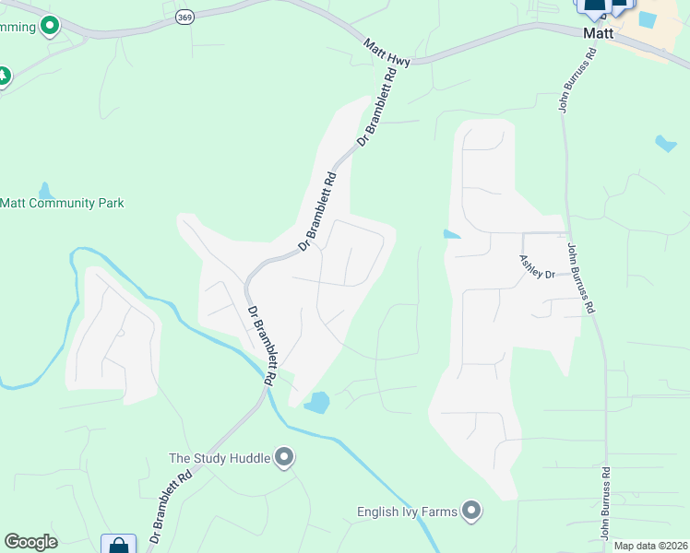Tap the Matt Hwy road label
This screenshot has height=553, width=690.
click(x=387, y=52)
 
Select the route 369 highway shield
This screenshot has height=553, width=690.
click(x=185, y=18)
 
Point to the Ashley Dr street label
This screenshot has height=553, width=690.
click(x=537, y=268)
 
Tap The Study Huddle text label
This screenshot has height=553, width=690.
click(x=220, y=457)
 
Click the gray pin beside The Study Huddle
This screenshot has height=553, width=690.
click(x=284, y=457)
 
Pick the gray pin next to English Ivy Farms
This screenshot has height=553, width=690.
click(x=472, y=511)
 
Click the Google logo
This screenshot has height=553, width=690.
click(x=30, y=542)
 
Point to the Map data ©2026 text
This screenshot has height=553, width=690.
click(x=651, y=546)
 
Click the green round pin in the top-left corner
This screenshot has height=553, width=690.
click(x=50, y=26)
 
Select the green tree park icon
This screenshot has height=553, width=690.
click(x=3, y=76)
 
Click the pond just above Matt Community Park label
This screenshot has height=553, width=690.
click(x=43, y=191)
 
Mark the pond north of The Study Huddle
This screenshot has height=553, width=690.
click(x=317, y=403)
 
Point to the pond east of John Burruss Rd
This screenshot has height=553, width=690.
click(x=665, y=143)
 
